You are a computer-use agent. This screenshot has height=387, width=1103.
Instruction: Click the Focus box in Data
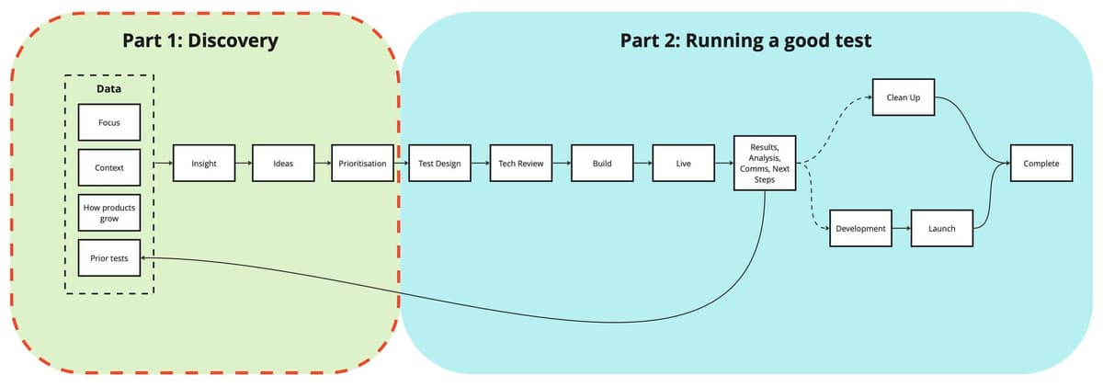coord(108,122)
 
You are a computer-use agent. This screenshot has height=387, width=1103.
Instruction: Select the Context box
coord(108,168)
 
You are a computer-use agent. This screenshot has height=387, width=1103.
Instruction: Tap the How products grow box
coord(108,213)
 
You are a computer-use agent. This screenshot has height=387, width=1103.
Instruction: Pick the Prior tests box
coord(108,258)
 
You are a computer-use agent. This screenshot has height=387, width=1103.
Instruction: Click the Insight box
coord(203,164)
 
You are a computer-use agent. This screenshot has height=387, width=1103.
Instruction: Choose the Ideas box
coord(284,164)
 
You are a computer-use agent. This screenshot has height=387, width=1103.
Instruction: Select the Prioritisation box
coord(362,164)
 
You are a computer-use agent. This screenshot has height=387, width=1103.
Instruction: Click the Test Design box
coord(438,164)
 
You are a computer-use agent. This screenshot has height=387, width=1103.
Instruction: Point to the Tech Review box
coord(520,164)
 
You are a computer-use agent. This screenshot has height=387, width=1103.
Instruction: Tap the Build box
coord(602,164)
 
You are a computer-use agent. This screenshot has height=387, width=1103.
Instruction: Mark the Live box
coord(683,164)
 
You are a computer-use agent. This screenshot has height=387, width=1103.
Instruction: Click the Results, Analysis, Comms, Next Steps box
coord(764,164)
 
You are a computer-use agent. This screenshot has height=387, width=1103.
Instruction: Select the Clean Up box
coord(903,97)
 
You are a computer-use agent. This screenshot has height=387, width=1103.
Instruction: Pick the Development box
coord(861,228)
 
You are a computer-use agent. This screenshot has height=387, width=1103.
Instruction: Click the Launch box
coord(942,228)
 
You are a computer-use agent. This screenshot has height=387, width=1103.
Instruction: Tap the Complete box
coord(1040,164)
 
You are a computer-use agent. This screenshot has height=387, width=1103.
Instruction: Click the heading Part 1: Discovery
coord(199,40)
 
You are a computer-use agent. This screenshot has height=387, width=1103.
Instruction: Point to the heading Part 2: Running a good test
coord(745,40)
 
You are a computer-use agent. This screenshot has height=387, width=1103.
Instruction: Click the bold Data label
coord(108,89)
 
